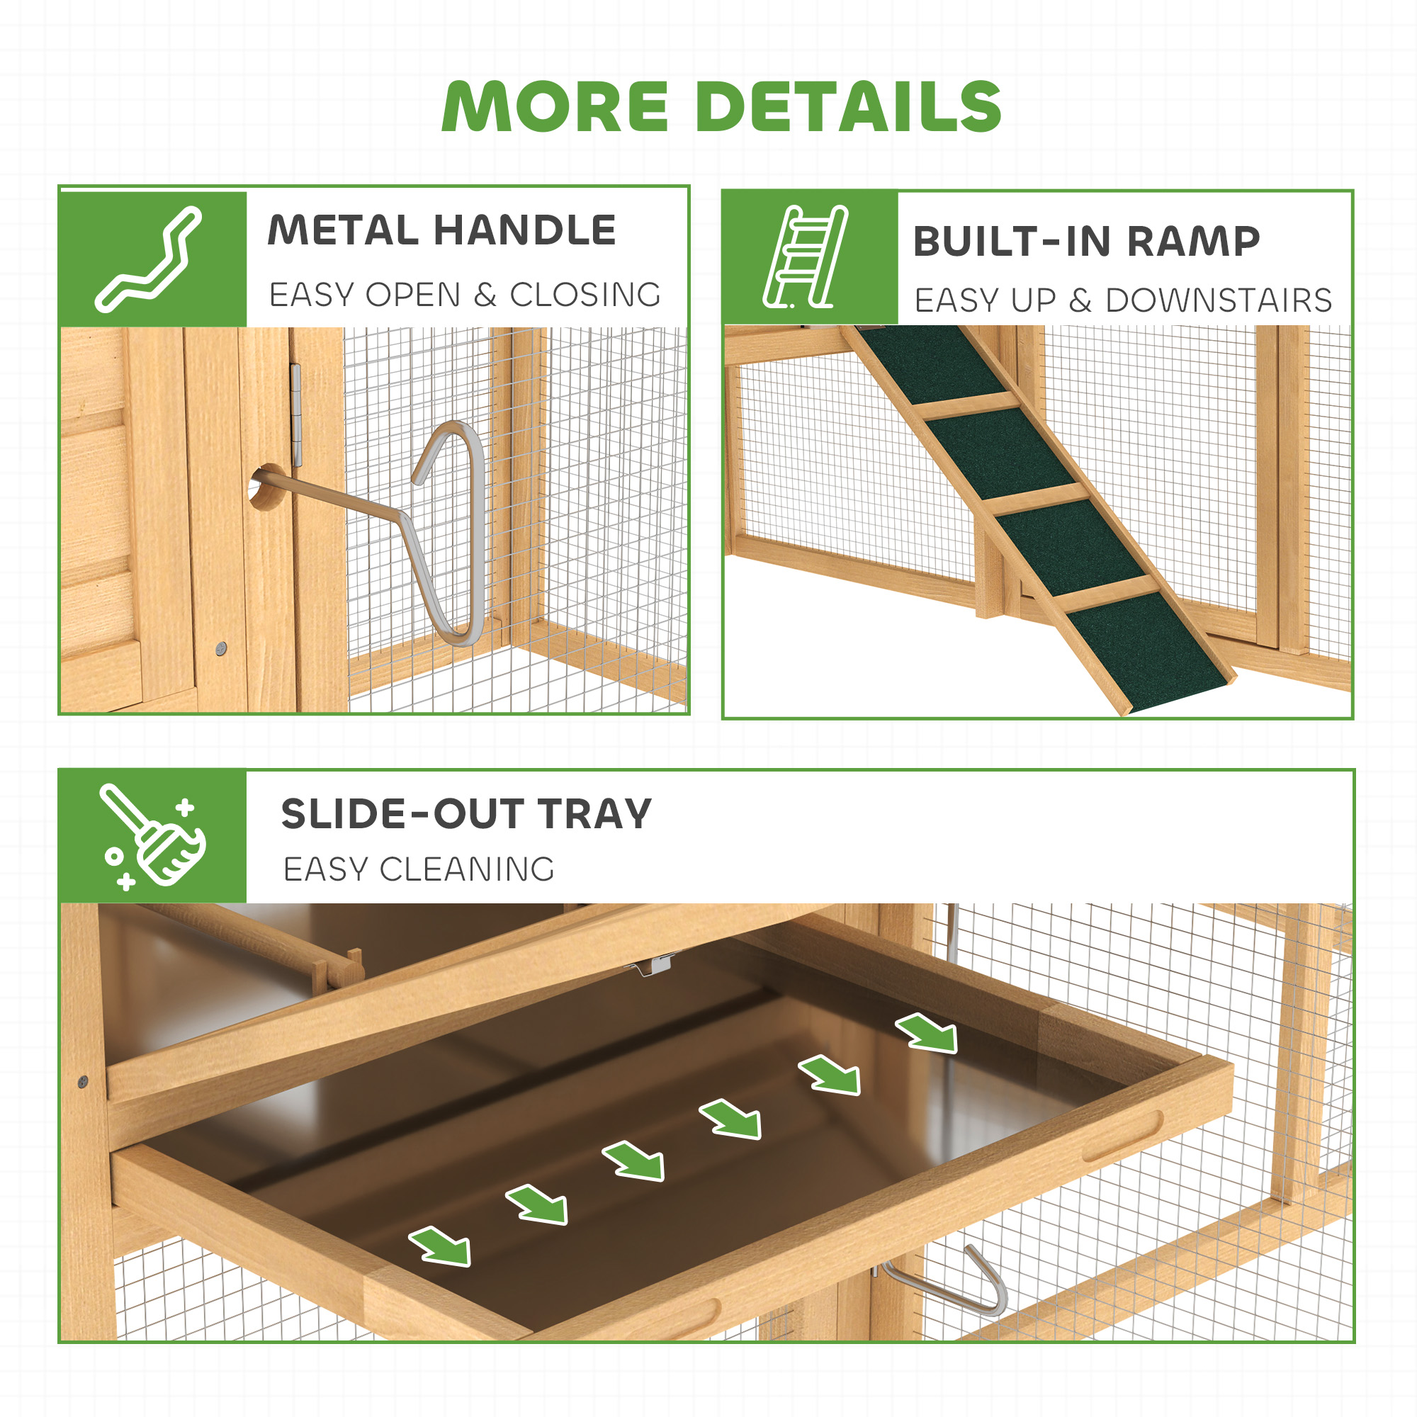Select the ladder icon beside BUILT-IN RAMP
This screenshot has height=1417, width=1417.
805,256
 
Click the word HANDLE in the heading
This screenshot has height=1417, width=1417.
524,230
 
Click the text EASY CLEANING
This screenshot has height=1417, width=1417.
419,870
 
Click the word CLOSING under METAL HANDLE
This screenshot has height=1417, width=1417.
585,295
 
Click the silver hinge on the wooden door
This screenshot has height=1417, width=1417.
296,415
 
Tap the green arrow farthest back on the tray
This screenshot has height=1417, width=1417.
927,1033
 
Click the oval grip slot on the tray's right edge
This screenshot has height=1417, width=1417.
1123,1137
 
